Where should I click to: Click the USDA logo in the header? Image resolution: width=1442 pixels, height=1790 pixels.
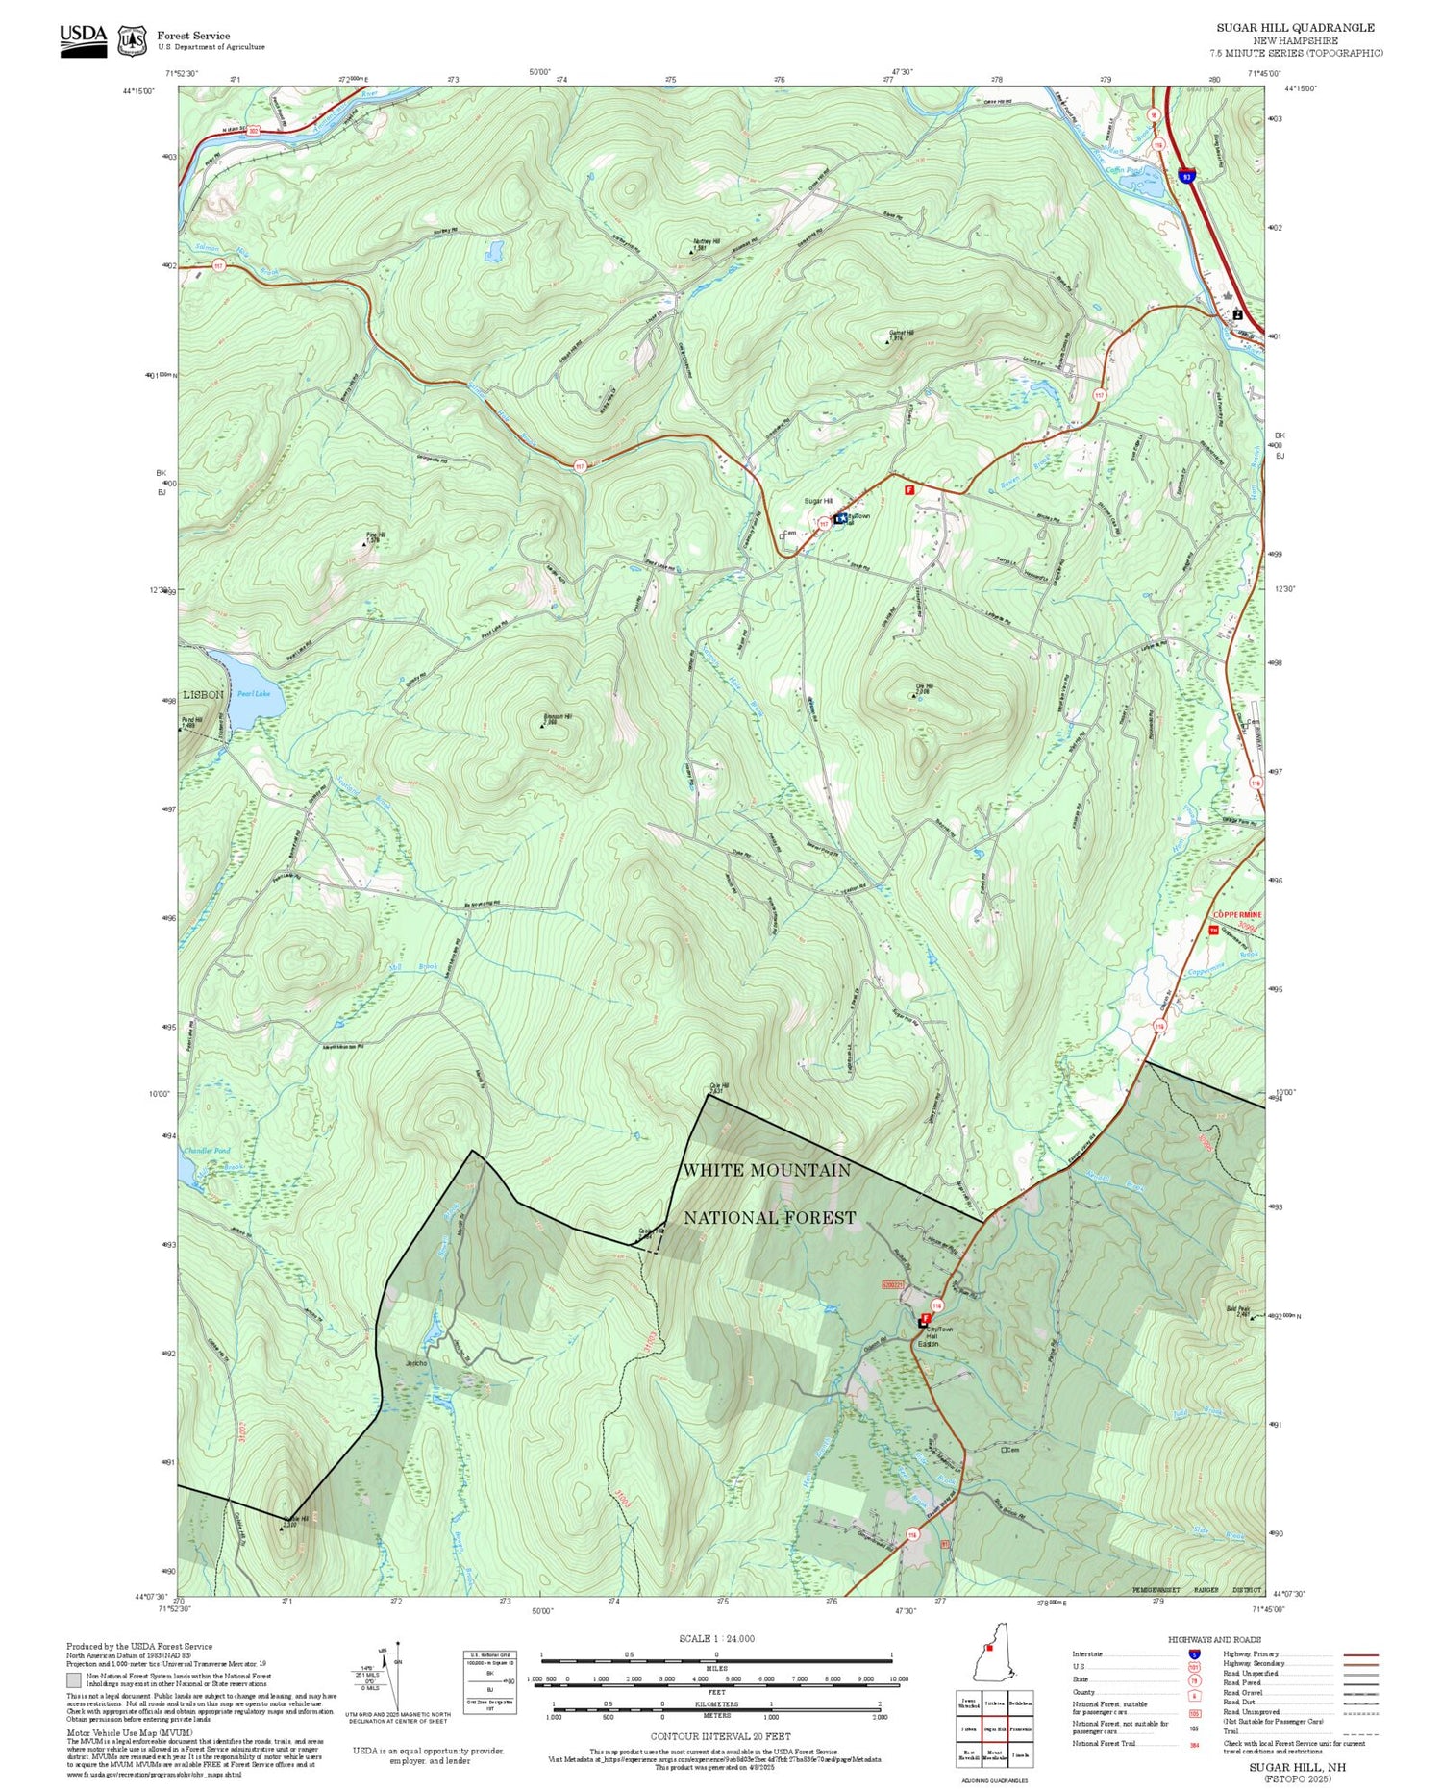83,39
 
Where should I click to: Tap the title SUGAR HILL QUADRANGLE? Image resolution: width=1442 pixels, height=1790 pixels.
1295,28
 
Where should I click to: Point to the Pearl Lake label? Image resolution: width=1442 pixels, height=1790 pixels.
255,693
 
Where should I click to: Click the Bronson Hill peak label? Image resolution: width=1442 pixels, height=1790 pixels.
557,717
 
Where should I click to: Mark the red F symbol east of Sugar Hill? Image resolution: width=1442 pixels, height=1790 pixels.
908,490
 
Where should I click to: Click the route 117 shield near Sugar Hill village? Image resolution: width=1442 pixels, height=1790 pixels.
824,524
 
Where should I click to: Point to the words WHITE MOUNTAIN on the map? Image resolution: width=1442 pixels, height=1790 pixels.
766,1170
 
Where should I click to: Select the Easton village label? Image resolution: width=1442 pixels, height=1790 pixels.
928,1344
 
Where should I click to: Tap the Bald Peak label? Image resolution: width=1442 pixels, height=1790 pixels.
1262,1310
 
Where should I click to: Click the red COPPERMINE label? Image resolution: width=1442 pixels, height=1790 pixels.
1237,914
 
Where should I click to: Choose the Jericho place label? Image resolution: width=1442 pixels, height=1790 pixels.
416,1363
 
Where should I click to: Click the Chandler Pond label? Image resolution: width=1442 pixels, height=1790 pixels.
207,1151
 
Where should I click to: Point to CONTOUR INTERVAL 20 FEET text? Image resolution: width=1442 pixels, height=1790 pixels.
720,1736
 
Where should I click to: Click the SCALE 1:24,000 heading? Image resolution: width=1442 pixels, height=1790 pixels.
716,1639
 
